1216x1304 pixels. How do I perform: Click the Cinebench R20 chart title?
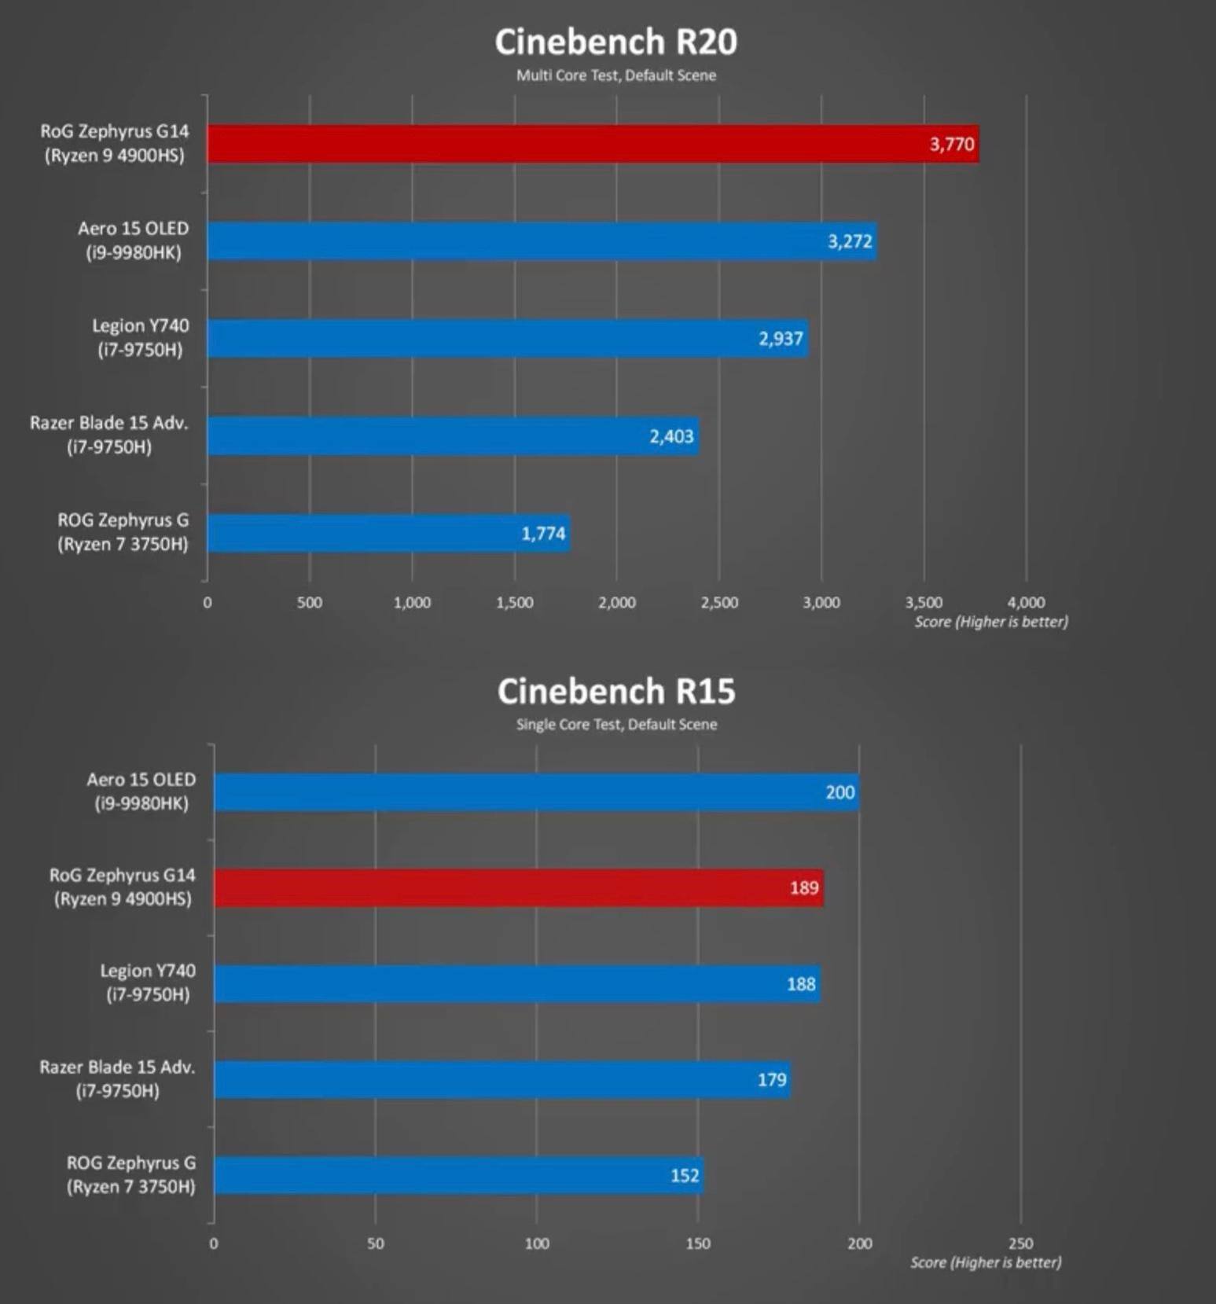pyautogui.click(x=615, y=42)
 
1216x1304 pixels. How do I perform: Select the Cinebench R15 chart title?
pyautogui.click(x=615, y=692)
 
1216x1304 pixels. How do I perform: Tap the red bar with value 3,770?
pyautogui.click(x=593, y=144)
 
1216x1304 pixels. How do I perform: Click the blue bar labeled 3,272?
pyautogui.click(x=542, y=241)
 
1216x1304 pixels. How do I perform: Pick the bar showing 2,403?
pyautogui.click(x=453, y=436)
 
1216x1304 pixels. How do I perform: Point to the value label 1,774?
pyautogui.click(x=543, y=534)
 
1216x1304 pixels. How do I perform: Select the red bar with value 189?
pyautogui.click(x=518, y=888)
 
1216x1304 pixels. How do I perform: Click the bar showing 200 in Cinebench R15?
pyautogui.click(x=536, y=792)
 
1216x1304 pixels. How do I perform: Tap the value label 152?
pyautogui.click(x=685, y=1175)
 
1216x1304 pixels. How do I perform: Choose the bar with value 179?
pyautogui.click(x=501, y=1080)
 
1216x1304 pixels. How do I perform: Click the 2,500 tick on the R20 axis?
pyautogui.click(x=719, y=603)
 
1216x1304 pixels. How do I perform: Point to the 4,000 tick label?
pyautogui.click(x=1026, y=603)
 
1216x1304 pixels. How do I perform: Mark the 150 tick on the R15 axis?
pyautogui.click(x=698, y=1243)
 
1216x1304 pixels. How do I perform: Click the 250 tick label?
pyautogui.click(x=1020, y=1243)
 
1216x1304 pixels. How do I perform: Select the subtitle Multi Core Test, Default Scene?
pyautogui.click(x=615, y=75)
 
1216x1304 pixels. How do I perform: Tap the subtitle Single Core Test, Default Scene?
pyautogui.click(x=616, y=725)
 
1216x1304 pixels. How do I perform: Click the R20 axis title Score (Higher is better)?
pyautogui.click(x=990, y=622)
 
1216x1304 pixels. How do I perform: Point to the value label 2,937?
pyautogui.click(x=781, y=339)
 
